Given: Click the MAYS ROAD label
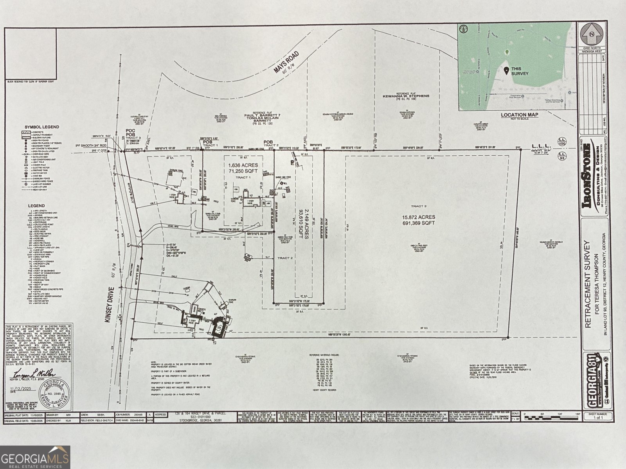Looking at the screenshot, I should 286,62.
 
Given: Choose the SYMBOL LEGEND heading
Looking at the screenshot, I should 42,127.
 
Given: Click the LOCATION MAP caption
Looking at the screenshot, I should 519,115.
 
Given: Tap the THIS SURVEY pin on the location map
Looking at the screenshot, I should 506,70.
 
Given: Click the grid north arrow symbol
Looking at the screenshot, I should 592,34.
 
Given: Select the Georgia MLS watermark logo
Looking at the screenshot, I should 35,457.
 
